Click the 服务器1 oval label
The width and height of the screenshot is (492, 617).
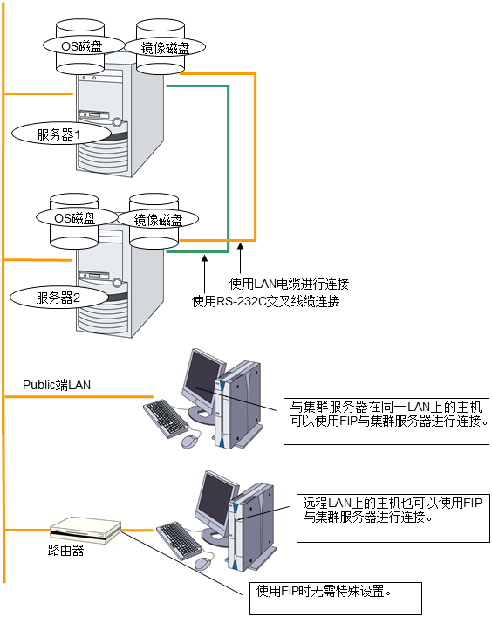61,134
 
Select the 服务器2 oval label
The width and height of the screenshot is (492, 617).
58,297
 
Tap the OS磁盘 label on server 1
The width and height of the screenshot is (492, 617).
84,45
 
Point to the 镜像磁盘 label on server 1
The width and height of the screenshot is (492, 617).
165,48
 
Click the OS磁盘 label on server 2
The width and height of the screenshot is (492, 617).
77,217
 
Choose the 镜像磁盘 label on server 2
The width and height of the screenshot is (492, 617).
158,219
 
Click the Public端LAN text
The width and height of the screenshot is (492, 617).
57,385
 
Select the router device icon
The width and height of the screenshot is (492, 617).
85,530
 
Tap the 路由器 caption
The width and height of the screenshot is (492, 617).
65,550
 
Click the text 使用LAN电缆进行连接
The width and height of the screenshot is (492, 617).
289,284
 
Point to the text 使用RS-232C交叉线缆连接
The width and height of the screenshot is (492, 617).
265,301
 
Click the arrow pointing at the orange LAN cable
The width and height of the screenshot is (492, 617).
240,258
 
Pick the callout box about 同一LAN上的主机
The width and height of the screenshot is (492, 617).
386,421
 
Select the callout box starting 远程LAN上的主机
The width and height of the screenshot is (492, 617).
393,518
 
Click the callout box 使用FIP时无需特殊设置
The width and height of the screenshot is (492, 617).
336,599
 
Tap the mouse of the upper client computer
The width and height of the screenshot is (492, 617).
192,441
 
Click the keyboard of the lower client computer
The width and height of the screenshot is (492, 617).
179,541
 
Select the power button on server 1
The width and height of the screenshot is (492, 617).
117,122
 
